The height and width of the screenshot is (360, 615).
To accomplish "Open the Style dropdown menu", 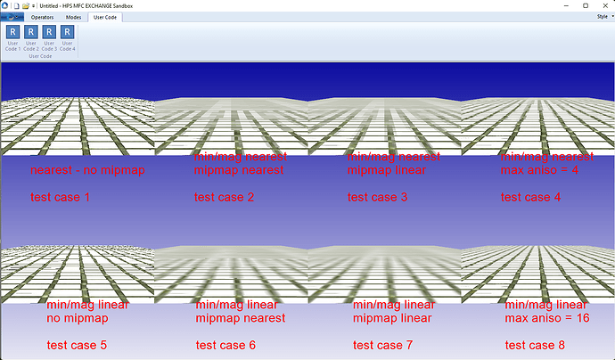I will pyautogui.click(x=602, y=17).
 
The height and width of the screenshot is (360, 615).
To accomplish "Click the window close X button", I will pyautogui.click(x=603, y=5).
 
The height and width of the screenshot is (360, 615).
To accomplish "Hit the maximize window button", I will pyautogui.click(x=579, y=5).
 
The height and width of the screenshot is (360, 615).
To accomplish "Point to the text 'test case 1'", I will pyautogui.click(x=61, y=197).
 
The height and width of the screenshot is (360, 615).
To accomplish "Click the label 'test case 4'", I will pyautogui.click(x=531, y=197).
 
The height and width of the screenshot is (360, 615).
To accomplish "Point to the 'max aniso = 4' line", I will pyautogui.click(x=540, y=170).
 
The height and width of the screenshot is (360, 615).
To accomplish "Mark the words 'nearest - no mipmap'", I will pyautogui.click(x=87, y=170).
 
